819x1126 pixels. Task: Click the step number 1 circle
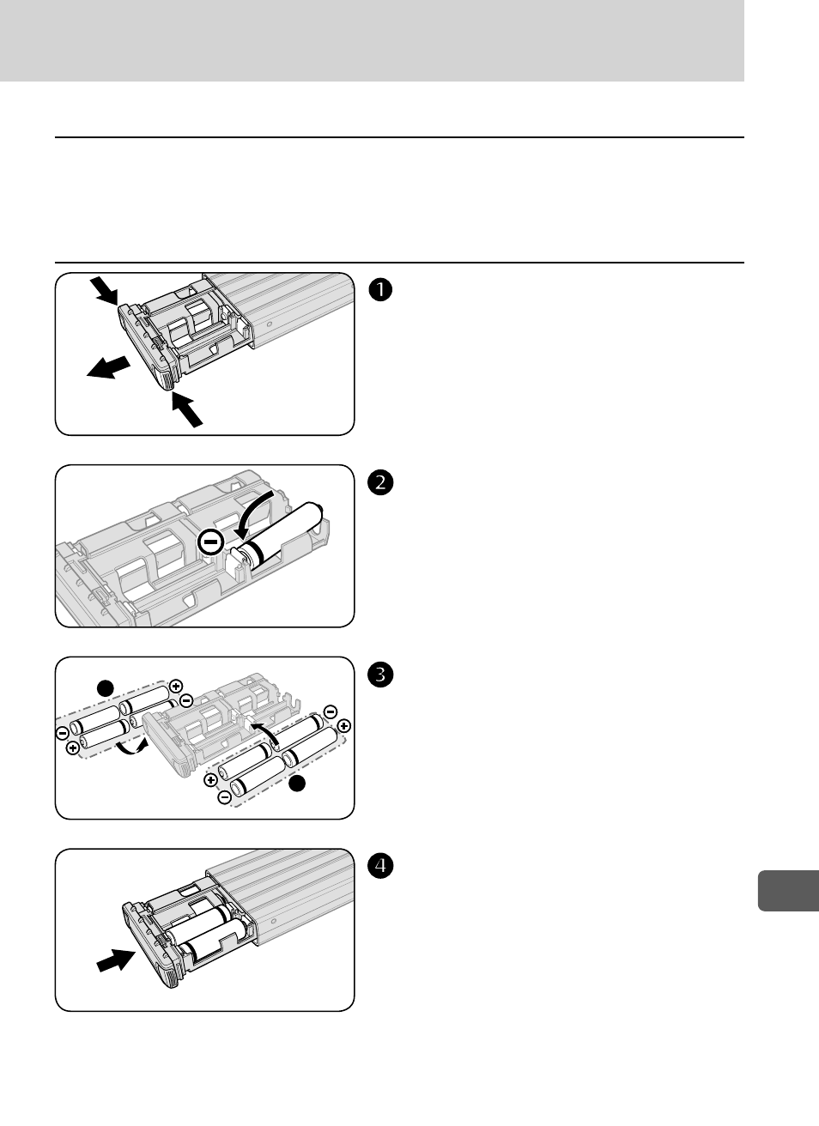[x=380, y=290]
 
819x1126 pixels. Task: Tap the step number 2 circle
[x=380, y=483]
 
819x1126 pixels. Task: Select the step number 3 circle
[x=380, y=675]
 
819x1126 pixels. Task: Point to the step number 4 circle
[x=380, y=867]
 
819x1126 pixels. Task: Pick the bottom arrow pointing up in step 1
[x=188, y=408]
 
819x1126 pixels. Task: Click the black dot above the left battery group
[x=105, y=687]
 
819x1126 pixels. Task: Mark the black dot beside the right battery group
[x=297, y=784]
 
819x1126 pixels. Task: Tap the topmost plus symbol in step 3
[x=176, y=686]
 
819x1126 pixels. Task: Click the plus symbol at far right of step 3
[x=344, y=726]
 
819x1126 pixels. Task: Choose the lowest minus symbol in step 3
[x=223, y=798]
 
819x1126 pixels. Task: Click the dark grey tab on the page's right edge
[x=789, y=889]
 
